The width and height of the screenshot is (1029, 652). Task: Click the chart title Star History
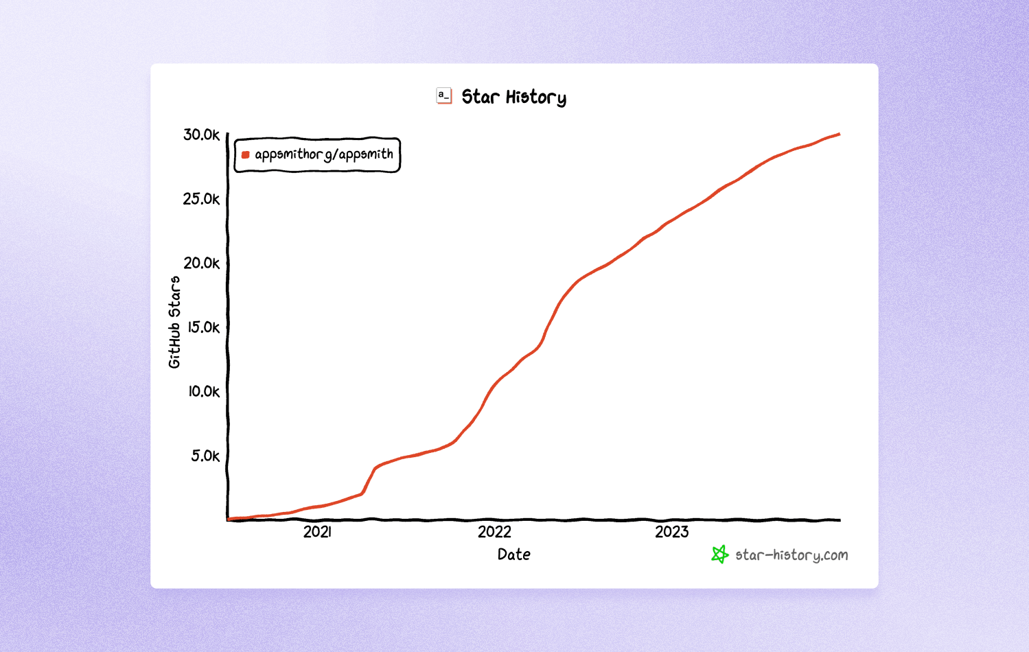pos(513,97)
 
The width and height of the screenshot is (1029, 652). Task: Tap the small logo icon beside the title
pos(444,96)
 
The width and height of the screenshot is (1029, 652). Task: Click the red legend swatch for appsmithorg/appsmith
pos(245,155)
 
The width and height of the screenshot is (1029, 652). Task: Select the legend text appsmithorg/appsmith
pos(324,154)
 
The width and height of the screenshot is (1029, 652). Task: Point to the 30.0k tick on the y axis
pos(201,135)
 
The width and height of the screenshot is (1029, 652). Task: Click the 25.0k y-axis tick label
pos(201,199)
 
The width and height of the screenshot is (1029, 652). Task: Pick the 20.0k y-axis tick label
pos(201,263)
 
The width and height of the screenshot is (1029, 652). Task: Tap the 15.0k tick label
pos(203,327)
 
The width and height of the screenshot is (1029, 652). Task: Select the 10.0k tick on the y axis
pos(204,391)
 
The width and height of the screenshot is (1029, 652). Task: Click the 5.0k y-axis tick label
pos(205,456)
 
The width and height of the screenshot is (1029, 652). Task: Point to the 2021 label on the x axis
pos(317,532)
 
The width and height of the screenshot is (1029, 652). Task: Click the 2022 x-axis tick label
pos(494,532)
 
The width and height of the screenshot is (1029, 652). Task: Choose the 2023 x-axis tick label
pos(671,532)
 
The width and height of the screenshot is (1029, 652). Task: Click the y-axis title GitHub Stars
pos(174,322)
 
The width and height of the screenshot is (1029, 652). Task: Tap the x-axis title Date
pos(513,555)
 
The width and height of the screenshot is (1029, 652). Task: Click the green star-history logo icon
pos(719,555)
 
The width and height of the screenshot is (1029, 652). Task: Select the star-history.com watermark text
pos(791,555)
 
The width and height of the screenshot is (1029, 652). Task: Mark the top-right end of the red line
pos(839,135)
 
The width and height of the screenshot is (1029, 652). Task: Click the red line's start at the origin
pos(229,519)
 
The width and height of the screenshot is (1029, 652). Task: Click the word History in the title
pos(535,97)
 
